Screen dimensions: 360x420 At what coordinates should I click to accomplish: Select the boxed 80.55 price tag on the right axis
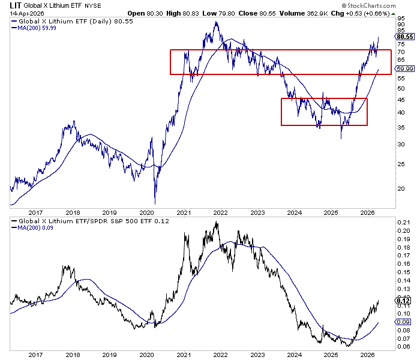(404, 36)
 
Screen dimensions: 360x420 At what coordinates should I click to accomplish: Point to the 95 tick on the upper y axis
(400, 18)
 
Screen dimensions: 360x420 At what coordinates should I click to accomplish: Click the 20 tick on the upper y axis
(400, 188)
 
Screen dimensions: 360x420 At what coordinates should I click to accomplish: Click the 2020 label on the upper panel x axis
(147, 212)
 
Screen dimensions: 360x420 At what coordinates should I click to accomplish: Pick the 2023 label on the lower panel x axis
(257, 355)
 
